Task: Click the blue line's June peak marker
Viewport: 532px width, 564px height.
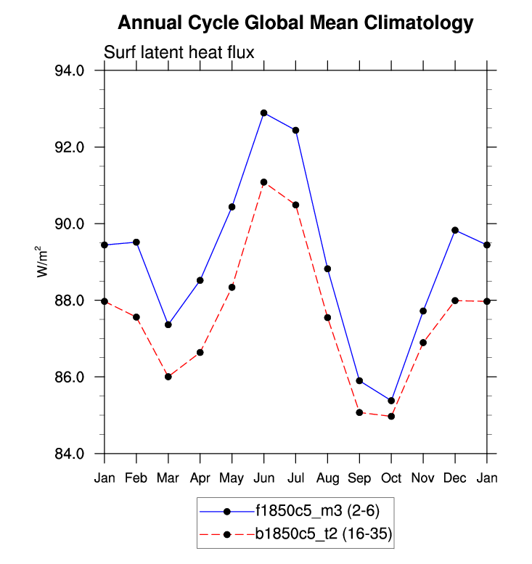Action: (263, 113)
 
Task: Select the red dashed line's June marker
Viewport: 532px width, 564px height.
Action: (263, 182)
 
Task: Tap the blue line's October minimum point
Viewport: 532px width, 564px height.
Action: (391, 401)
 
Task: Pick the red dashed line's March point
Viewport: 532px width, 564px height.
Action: (168, 377)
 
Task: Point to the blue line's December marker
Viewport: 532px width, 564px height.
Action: (455, 230)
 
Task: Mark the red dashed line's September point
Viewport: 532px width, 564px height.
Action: (359, 412)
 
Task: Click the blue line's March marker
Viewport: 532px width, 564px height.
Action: (168, 324)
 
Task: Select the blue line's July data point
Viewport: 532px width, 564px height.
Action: (295, 130)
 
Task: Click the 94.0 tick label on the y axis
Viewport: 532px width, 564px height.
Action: (71, 70)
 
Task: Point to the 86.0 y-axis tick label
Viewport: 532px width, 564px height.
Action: (71, 377)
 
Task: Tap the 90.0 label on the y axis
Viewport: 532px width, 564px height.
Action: (71, 224)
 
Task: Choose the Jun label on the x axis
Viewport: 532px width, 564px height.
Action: (263, 478)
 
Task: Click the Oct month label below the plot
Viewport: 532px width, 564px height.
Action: (391, 478)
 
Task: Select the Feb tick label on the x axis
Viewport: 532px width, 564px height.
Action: (136, 478)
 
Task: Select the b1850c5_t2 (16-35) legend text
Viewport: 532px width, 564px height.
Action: (323, 535)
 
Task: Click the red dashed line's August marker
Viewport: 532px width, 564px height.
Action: (327, 317)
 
